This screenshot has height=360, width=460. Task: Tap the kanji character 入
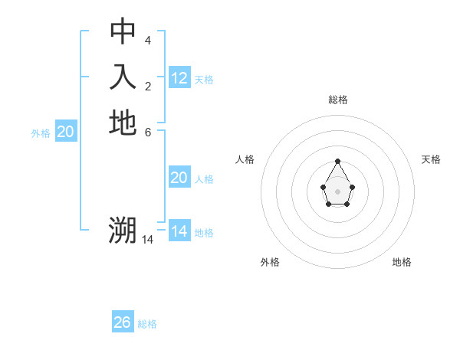(123, 77)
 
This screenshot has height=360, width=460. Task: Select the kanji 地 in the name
(123, 123)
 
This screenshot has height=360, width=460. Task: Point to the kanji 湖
(123, 229)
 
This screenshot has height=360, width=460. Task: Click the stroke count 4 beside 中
(148, 40)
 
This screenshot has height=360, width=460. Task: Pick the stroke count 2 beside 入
(148, 86)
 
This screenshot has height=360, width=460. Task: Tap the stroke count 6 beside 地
(148, 132)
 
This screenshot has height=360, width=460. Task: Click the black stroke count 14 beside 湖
(148, 239)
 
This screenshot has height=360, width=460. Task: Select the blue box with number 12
(179, 78)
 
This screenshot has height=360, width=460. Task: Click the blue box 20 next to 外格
(66, 132)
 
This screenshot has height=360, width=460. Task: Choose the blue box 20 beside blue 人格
(179, 178)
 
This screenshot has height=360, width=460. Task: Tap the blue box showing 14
(179, 231)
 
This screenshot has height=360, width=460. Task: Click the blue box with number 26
(123, 322)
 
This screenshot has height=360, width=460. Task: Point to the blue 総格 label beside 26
(147, 324)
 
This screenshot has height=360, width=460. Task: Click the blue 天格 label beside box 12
(204, 80)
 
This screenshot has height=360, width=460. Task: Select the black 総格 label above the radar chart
(337, 100)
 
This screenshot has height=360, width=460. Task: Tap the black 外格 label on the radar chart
(270, 262)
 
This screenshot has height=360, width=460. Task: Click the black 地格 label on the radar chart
(402, 262)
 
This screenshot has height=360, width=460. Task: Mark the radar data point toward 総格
(337, 161)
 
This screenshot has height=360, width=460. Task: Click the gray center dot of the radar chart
(337, 191)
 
